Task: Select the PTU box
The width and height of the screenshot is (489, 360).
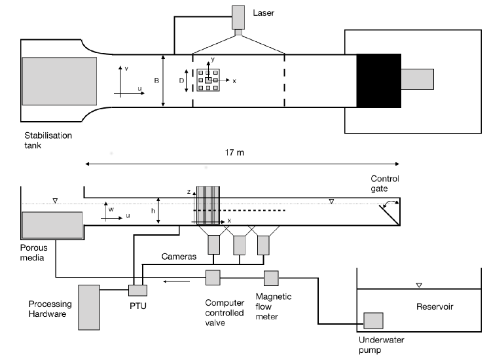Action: pos(137,289)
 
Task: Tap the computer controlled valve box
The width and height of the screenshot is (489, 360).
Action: pos(213,278)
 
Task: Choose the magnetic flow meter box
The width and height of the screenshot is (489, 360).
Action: pos(272,278)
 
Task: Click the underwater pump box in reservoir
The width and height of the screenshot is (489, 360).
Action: pos(373,320)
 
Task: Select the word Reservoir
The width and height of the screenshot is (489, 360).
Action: pos(434,306)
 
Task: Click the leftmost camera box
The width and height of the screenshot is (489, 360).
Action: pos(215,245)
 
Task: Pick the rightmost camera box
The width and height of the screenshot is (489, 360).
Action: pos(264,245)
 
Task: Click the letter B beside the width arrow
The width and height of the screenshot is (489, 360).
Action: pos(156,81)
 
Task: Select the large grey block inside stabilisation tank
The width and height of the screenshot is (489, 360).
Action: pos(60,81)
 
